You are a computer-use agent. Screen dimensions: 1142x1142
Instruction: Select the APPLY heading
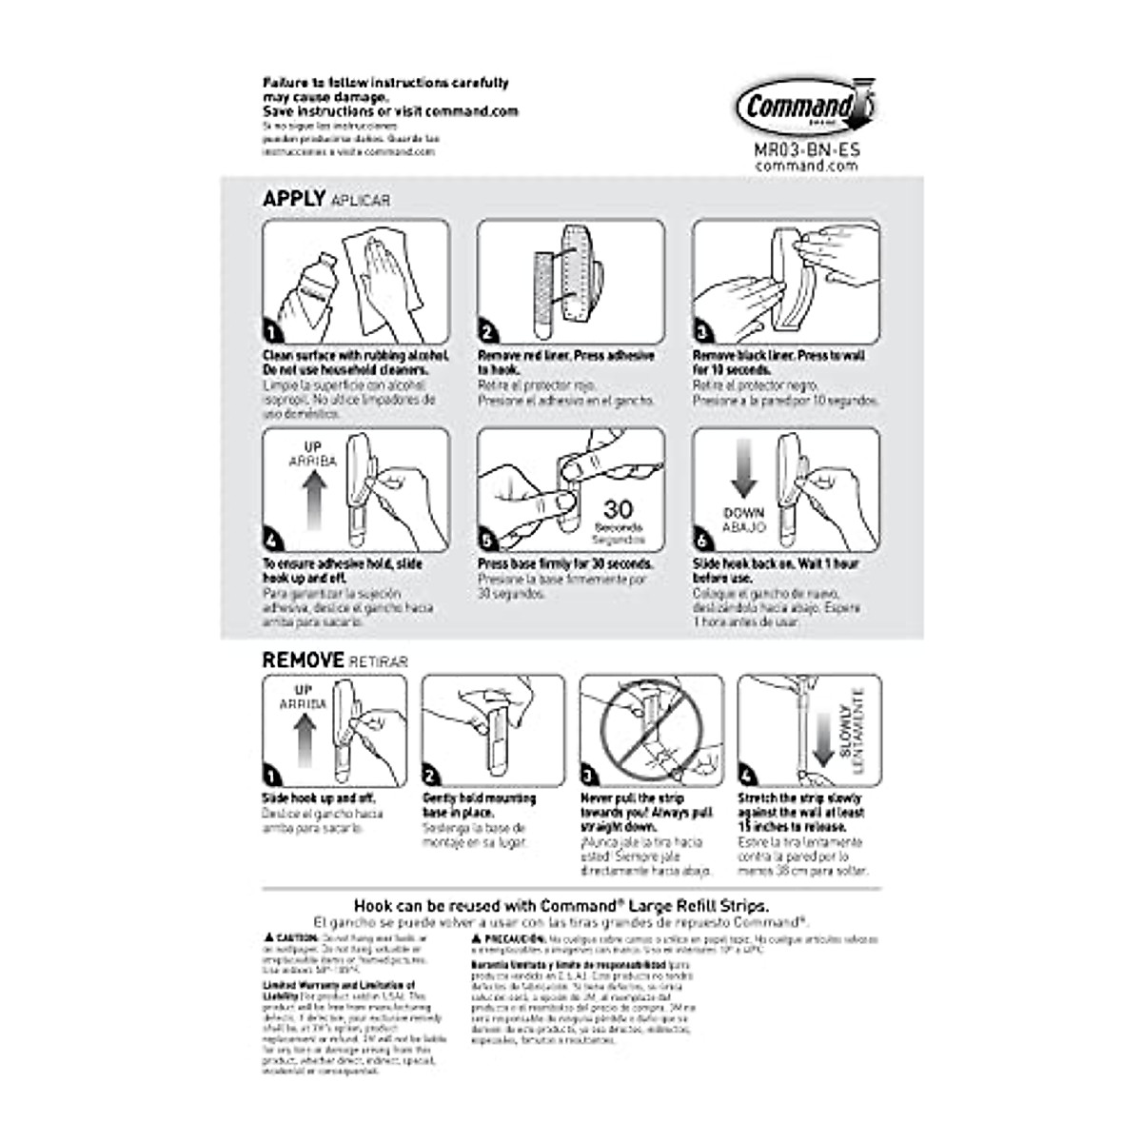click(294, 199)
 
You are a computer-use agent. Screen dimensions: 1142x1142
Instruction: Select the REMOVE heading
click(303, 660)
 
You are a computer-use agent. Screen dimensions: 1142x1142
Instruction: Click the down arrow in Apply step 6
click(743, 473)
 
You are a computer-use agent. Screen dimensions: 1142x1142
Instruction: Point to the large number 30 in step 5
click(618, 509)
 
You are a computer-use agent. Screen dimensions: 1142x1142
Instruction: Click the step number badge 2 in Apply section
click(488, 332)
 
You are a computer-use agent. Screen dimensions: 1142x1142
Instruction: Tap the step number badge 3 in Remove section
click(590, 776)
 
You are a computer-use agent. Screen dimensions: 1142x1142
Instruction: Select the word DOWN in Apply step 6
click(743, 513)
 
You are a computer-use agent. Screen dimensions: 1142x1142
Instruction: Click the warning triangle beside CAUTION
click(268, 937)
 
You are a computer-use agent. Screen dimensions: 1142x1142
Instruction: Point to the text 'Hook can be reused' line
click(561, 906)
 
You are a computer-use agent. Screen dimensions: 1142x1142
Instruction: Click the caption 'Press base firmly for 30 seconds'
click(565, 563)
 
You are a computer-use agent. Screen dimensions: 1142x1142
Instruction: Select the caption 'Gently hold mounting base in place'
click(480, 805)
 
